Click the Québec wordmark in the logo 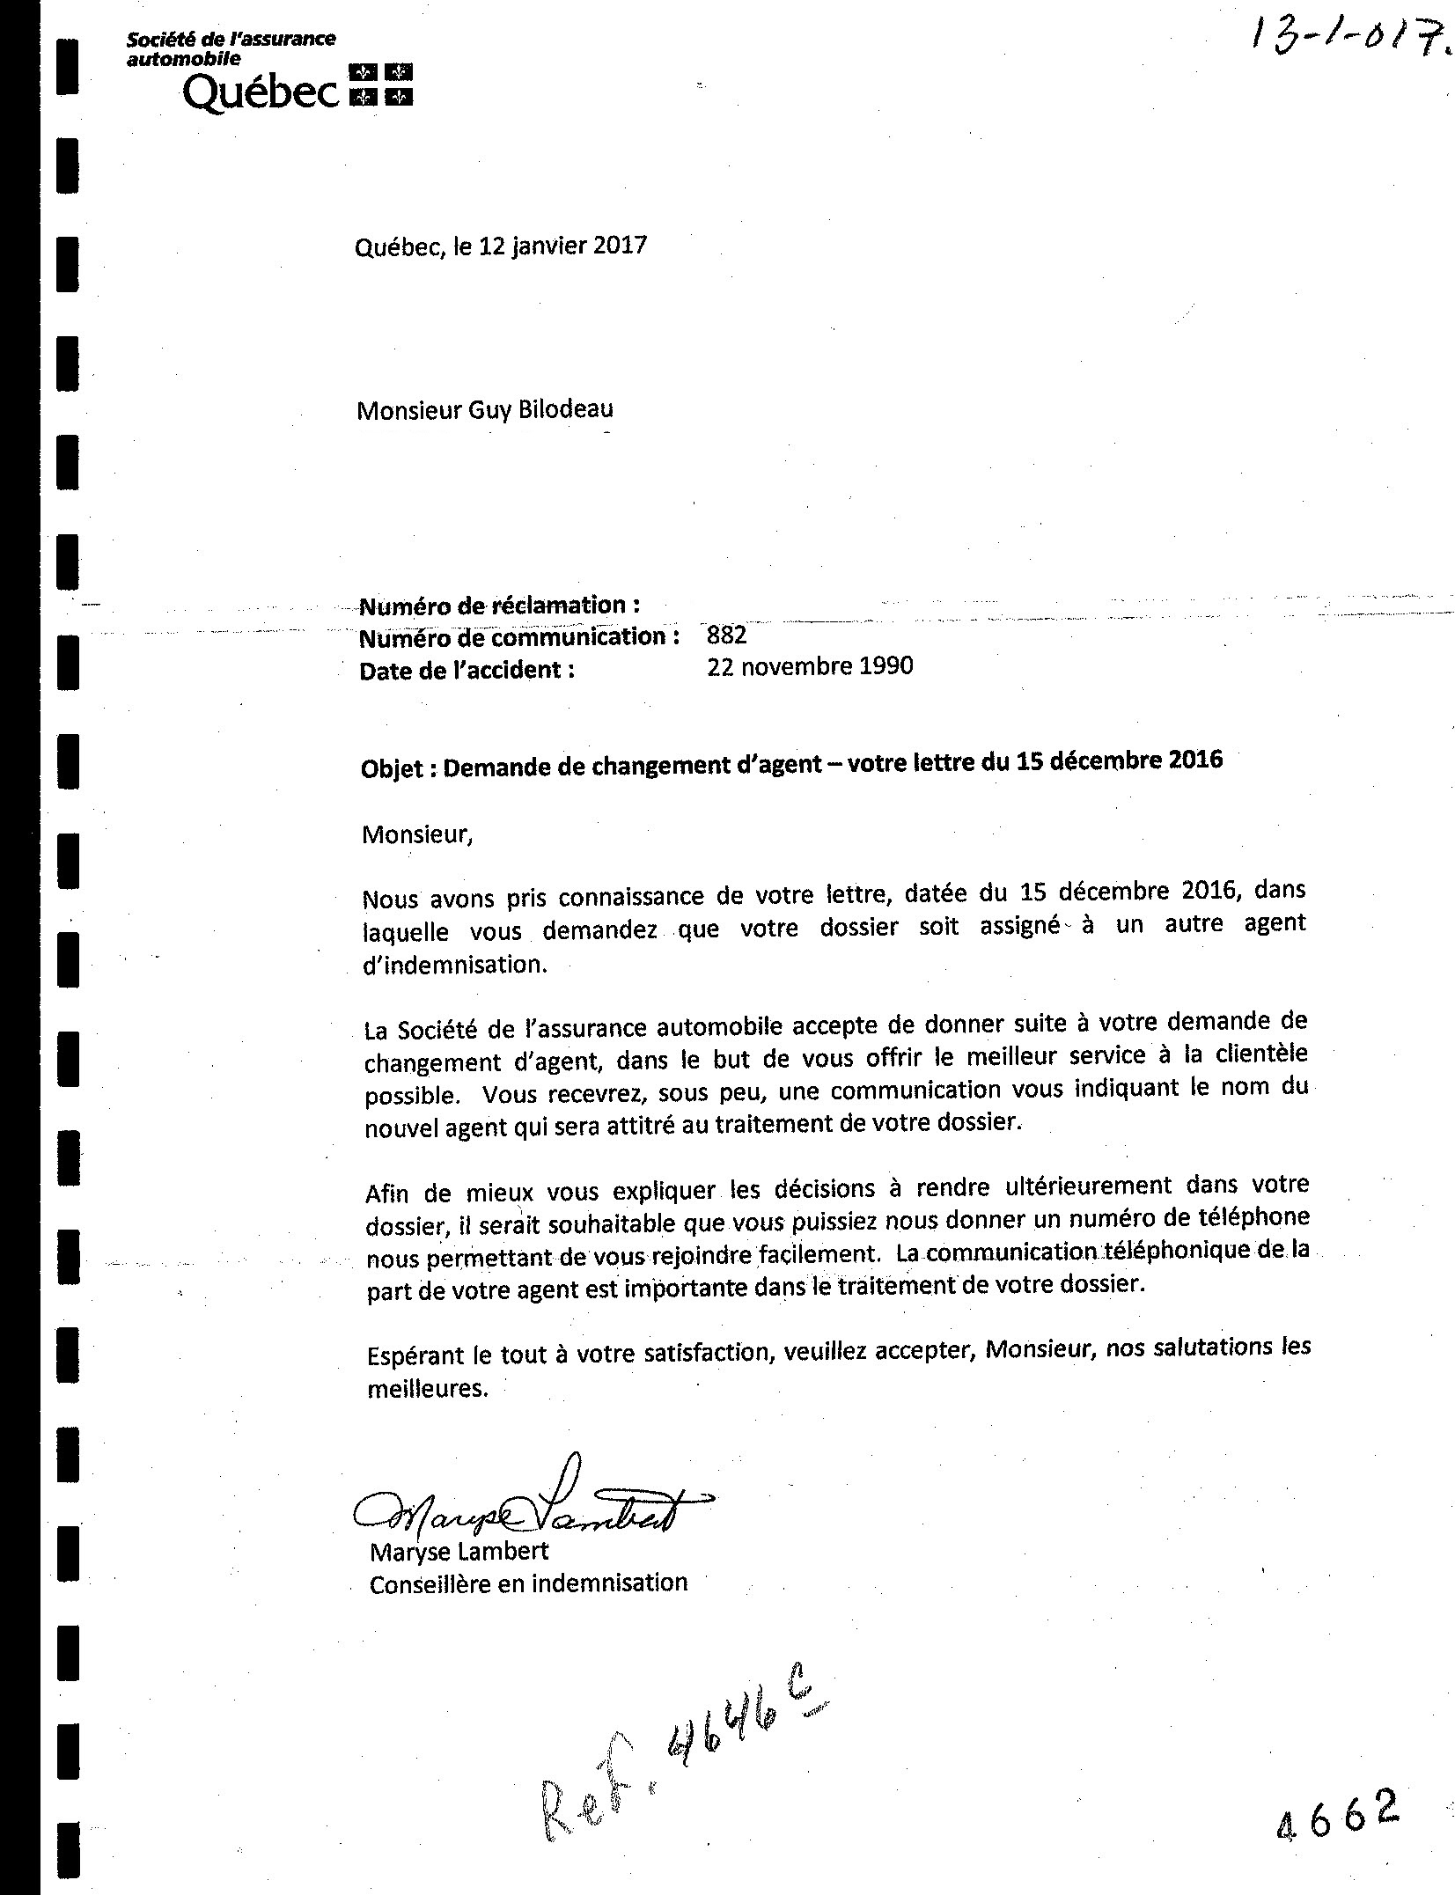(260, 91)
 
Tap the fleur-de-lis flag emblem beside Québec (381, 84)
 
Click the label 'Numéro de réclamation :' (498, 606)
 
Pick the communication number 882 (726, 635)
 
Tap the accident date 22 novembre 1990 (810, 666)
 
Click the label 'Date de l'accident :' (467, 671)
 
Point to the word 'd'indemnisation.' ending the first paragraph (455, 965)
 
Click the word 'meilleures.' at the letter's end (426, 1390)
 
